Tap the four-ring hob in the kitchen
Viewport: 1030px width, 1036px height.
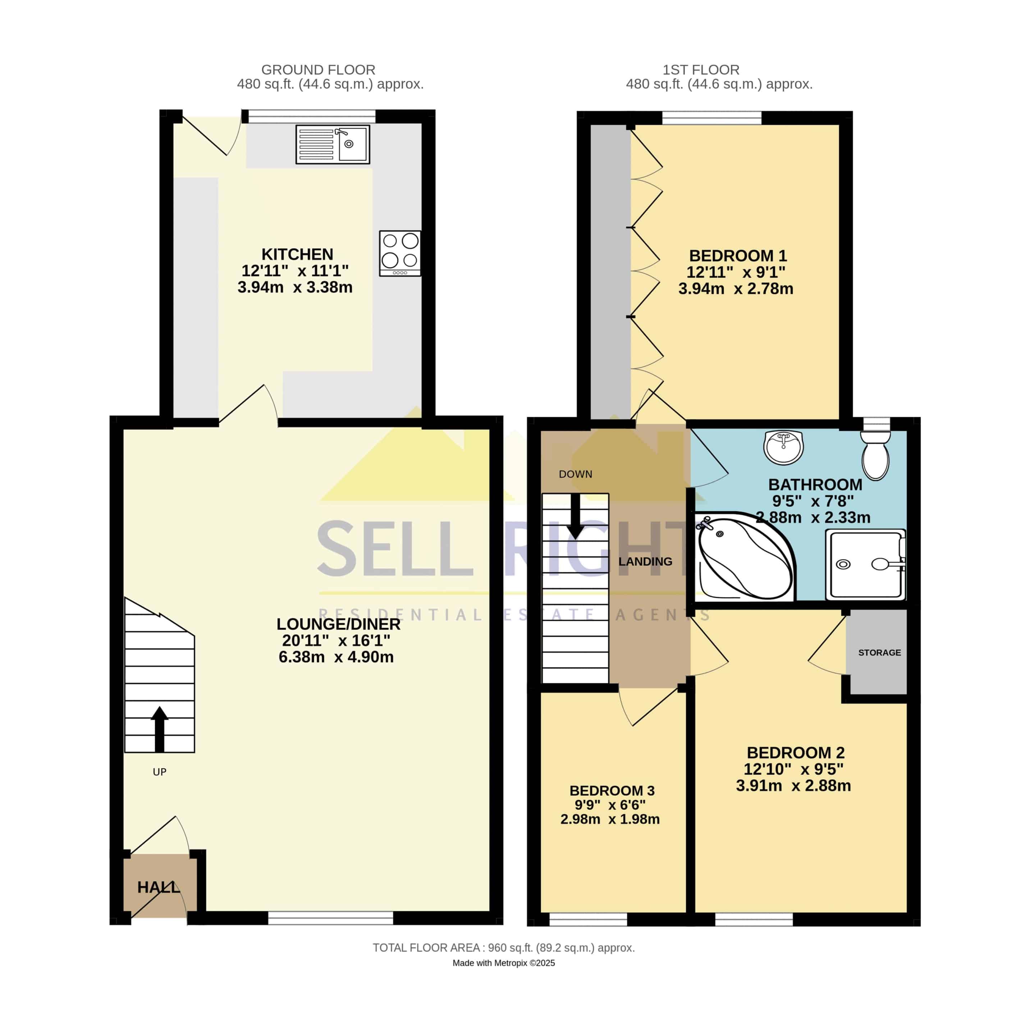400,253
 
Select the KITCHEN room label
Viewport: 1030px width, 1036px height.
297,254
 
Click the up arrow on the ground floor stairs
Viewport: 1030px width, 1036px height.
160,729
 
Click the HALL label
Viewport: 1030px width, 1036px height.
158,887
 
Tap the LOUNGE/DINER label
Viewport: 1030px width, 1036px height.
338,624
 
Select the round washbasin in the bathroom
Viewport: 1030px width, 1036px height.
783,447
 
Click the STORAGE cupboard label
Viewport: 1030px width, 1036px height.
879,653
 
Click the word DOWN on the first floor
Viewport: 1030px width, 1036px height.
576,474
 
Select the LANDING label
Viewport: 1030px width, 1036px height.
645,562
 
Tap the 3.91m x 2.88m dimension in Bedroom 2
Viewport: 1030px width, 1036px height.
793,786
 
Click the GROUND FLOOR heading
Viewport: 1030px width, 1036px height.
318,70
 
